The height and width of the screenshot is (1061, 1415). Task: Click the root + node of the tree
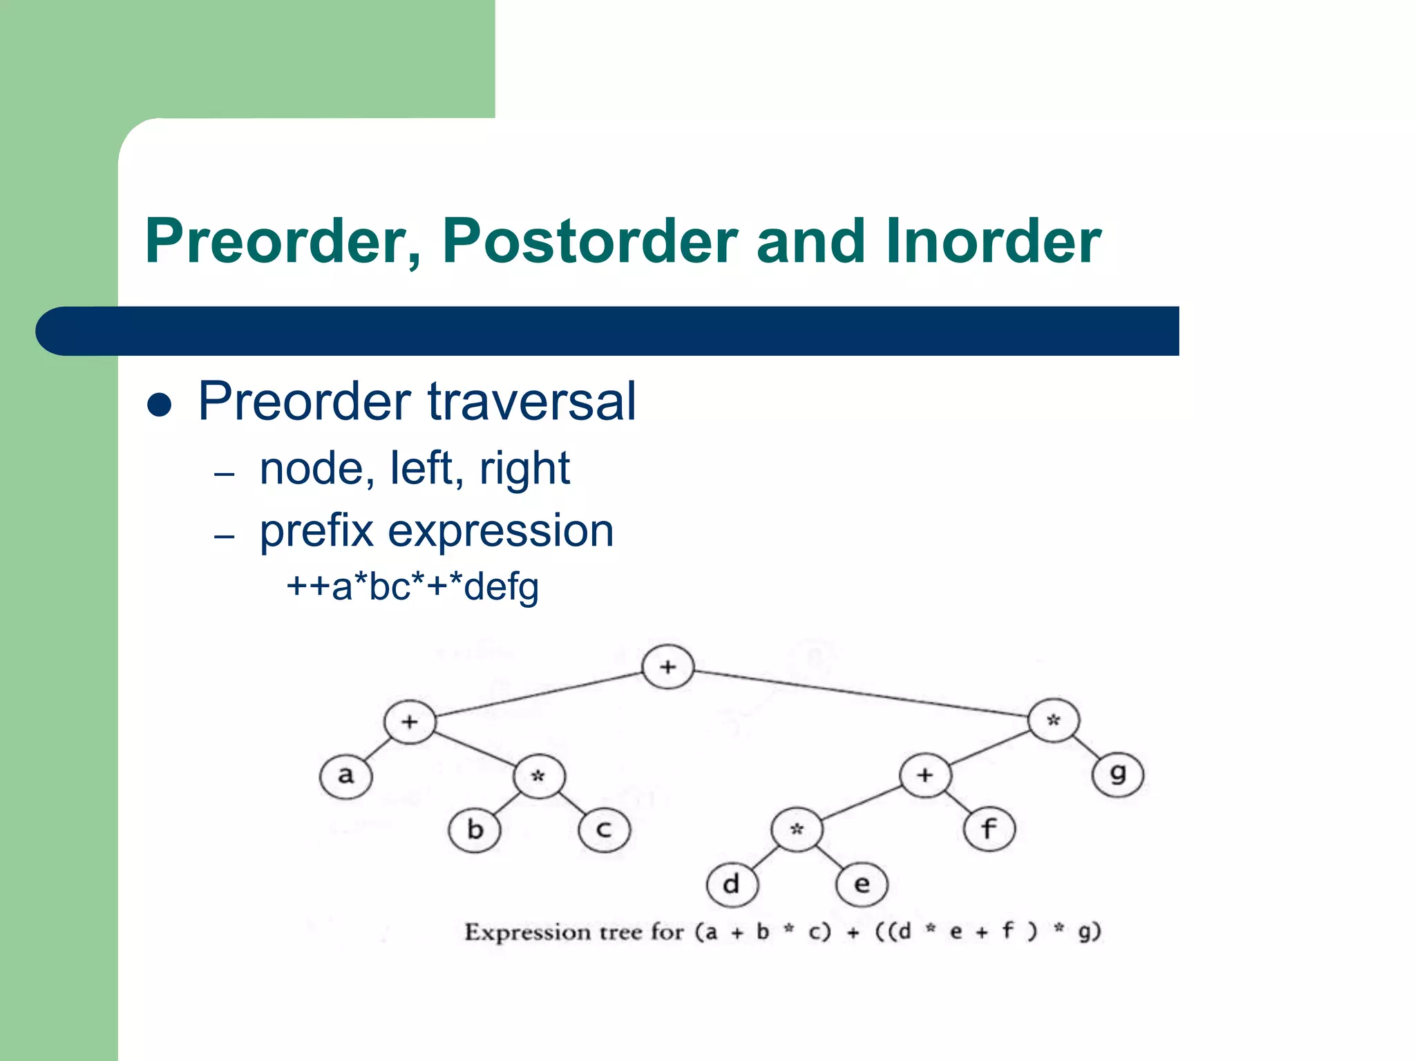[x=667, y=667]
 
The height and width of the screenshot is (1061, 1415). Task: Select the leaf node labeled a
[x=345, y=776]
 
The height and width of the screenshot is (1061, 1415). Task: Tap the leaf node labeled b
[x=475, y=830]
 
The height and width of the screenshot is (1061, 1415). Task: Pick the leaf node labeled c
[x=605, y=830]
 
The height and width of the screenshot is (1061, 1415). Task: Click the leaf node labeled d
[x=732, y=884]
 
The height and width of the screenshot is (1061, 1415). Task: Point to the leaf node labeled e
[x=862, y=884]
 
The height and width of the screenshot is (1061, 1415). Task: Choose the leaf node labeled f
[x=989, y=830]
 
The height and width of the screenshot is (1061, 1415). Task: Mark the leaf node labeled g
[x=1118, y=775]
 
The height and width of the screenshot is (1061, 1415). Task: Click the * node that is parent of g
[x=1054, y=720]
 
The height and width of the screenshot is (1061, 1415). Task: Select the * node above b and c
[x=539, y=776]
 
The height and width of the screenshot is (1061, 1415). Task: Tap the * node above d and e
[x=797, y=830]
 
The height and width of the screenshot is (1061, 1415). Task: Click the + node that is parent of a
[x=410, y=722]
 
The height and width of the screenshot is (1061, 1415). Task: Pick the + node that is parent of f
[x=925, y=775]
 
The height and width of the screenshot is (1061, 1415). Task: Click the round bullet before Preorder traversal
[x=160, y=405]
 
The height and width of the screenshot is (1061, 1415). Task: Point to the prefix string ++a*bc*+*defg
[x=412, y=586]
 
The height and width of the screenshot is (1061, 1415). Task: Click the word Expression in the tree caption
[x=527, y=933]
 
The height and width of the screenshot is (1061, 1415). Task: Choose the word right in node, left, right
[x=524, y=469]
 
